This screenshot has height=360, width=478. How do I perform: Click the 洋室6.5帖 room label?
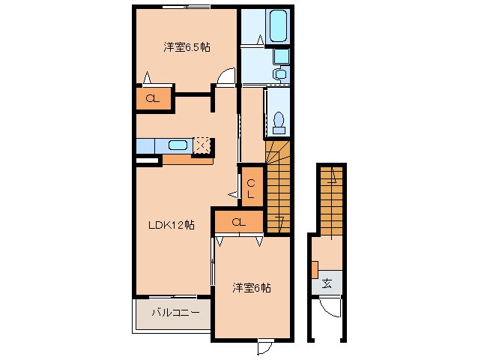187,46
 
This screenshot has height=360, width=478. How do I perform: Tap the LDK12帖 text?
170,224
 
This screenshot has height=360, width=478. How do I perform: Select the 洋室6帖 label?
251,287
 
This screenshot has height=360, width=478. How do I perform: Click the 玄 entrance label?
327,283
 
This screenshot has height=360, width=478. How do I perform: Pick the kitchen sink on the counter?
178,145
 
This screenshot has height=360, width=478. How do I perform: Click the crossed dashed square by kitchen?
202,145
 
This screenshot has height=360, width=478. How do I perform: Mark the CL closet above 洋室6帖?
238,222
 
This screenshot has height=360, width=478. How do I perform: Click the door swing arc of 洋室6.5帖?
226,76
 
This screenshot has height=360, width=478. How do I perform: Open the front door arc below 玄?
327,307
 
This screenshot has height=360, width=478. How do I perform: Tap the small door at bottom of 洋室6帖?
265,348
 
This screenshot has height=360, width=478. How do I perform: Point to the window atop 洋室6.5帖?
187,7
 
